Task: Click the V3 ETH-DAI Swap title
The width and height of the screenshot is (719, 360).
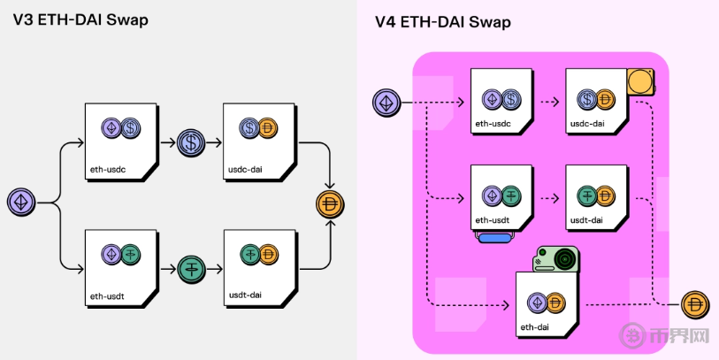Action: coord(80,19)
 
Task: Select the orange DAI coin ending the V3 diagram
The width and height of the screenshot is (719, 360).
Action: coord(330,203)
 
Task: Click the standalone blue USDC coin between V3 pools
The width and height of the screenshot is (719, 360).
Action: coord(191,142)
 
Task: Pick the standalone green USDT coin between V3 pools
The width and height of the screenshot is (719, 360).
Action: coord(191,267)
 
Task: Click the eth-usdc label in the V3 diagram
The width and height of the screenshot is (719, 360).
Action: coord(107,168)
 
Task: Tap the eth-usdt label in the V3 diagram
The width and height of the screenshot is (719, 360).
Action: coord(106,295)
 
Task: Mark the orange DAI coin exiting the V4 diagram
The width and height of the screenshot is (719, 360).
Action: coord(696,306)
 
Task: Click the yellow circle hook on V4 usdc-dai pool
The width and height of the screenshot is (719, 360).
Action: coord(640,82)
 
